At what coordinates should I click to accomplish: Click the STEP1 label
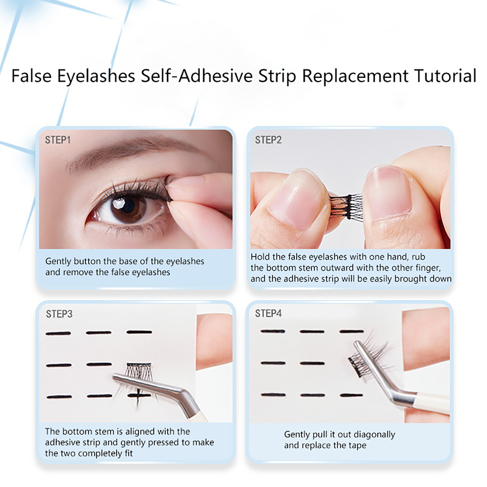(58, 140)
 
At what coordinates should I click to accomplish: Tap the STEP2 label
(268, 140)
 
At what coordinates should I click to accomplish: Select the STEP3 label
(59, 314)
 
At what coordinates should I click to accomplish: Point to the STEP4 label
(268, 314)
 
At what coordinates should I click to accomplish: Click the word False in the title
(31, 76)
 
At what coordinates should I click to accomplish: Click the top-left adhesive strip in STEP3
(58, 334)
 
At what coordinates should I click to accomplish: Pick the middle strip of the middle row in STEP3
(99, 364)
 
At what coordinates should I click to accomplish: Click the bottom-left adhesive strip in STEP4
(273, 395)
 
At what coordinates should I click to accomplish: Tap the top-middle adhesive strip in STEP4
(312, 331)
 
